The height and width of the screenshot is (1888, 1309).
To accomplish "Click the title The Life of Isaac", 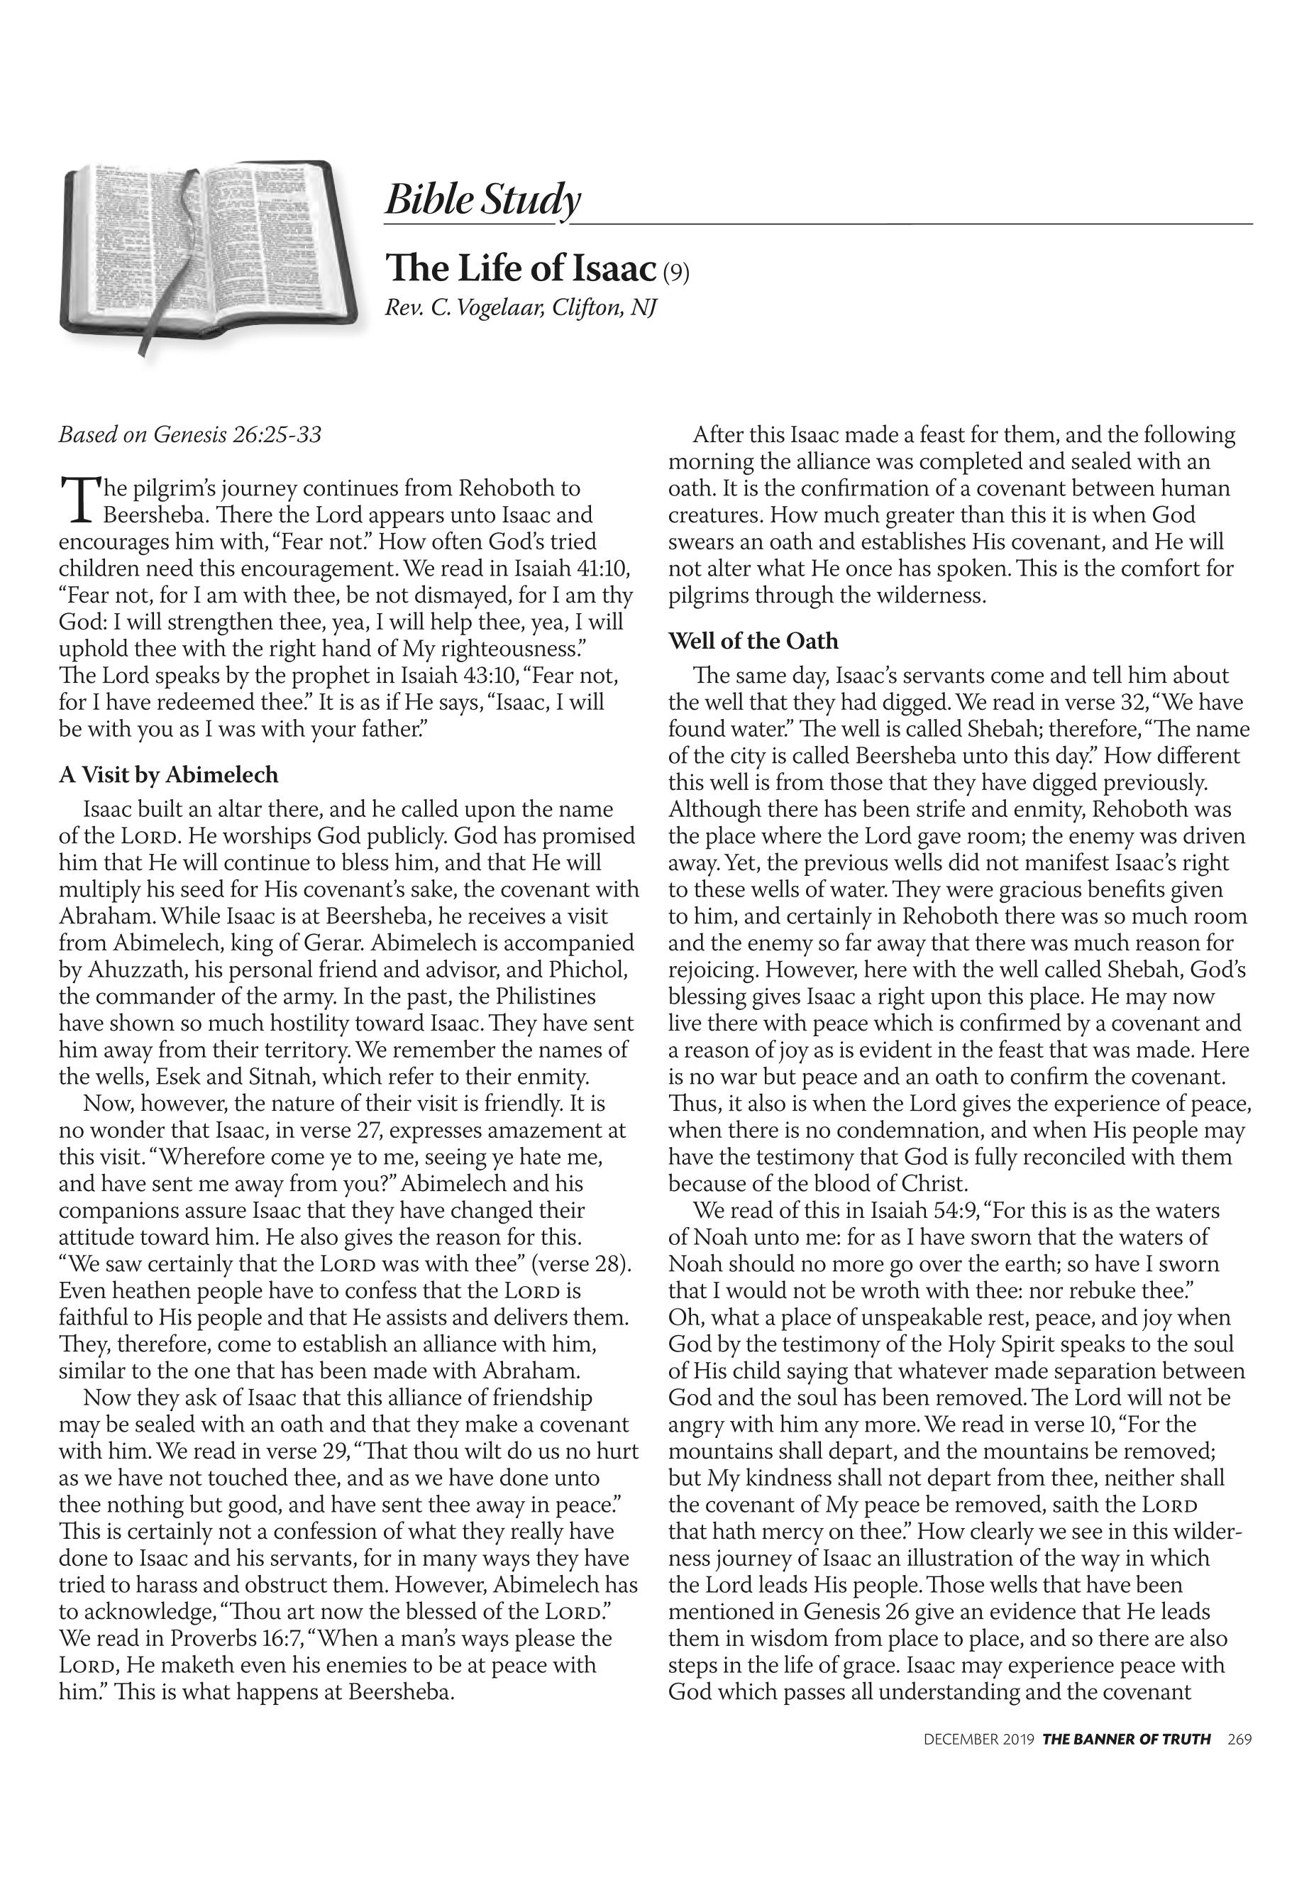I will pyautogui.click(x=521, y=268).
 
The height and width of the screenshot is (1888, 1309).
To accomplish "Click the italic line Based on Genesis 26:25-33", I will pyautogui.click(x=189, y=434).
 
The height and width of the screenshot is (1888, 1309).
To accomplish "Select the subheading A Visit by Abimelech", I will pyautogui.click(x=168, y=774).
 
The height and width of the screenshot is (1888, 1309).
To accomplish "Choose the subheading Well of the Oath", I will pyautogui.click(x=753, y=641).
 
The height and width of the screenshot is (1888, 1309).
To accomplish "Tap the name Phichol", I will pyautogui.click(x=588, y=970).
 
